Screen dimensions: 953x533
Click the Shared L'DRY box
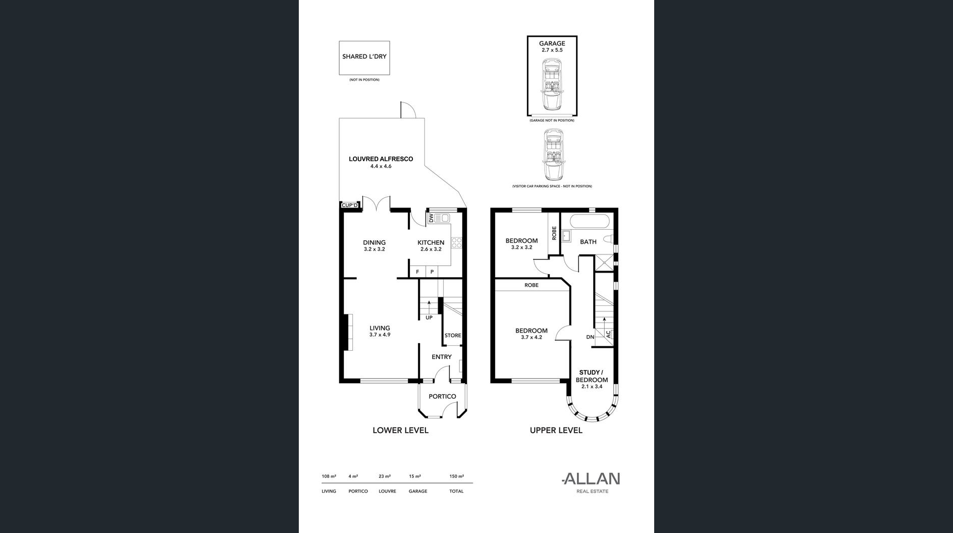(x=364, y=58)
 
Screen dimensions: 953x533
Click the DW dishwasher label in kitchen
(x=431, y=218)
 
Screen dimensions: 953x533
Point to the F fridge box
(x=417, y=272)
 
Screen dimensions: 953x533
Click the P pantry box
(x=432, y=272)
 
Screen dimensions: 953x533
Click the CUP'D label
(x=349, y=205)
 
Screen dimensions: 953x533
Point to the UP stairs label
(x=429, y=317)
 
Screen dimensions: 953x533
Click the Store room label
(x=453, y=336)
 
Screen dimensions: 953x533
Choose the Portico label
(x=442, y=396)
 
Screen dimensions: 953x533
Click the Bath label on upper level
(x=588, y=242)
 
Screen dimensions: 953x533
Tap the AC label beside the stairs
(x=608, y=334)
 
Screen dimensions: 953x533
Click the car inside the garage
(x=551, y=84)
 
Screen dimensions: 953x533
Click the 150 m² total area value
(x=456, y=476)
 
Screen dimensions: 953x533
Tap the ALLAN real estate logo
(x=591, y=482)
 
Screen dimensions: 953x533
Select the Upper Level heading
(x=556, y=430)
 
